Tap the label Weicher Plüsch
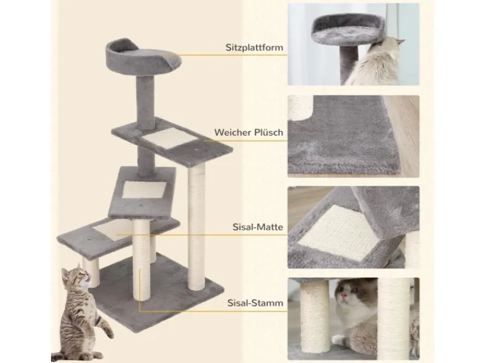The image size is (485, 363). coord(249,132)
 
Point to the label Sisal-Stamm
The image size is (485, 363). coord(255,302)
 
